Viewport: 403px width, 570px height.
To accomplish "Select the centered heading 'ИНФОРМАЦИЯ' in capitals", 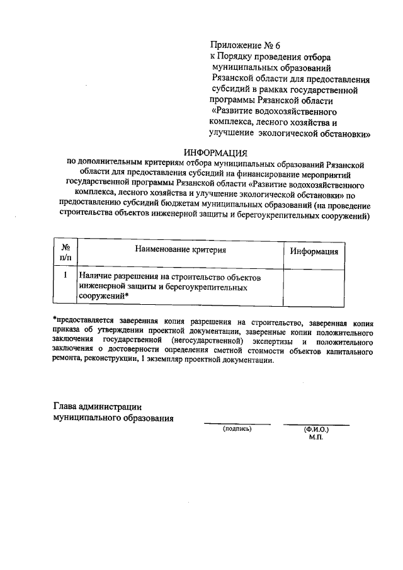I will click(x=216, y=152).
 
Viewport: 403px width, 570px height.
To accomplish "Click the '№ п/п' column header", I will click(x=65, y=252).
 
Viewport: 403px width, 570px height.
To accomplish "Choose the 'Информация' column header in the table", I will click(x=314, y=251).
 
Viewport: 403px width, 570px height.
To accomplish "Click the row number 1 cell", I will click(x=65, y=275).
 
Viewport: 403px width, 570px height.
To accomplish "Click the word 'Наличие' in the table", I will click(x=96, y=276).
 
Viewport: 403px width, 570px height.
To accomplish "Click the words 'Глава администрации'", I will click(x=97, y=406).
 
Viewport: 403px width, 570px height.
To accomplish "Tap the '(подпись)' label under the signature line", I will click(x=237, y=429).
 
